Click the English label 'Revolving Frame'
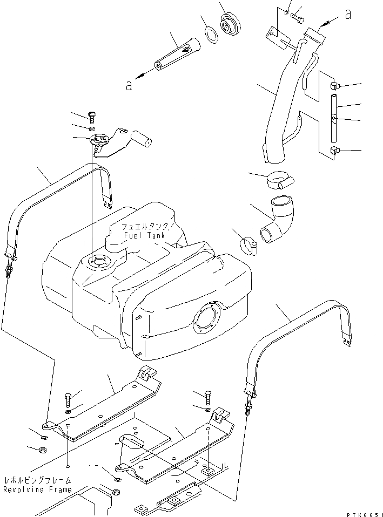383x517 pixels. tap(37, 489)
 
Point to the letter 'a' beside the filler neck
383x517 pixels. tap(348, 15)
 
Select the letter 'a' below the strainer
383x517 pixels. tap(129, 86)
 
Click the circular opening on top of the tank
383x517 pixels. tap(99, 263)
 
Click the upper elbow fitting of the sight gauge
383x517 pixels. tap(334, 85)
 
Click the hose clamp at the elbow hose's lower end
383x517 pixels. tap(248, 247)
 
